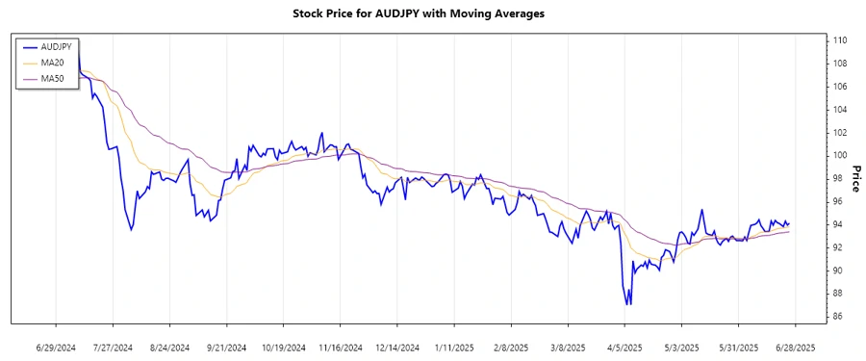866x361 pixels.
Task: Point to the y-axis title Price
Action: pyautogui.click(x=853, y=178)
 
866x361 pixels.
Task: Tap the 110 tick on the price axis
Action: pyautogui.click(x=840, y=40)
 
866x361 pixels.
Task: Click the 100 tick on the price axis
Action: pyautogui.click(x=840, y=155)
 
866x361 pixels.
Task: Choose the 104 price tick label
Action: pyautogui.click(x=840, y=110)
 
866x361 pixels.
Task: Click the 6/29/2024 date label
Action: pyautogui.click(x=56, y=347)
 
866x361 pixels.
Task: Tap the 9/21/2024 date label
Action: pyautogui.click(x=226, y=347)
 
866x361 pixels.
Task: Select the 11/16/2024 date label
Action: pyautogui.click(x=340, y=347)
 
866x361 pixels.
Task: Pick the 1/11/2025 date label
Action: pyautogui.click(x=453, y=347)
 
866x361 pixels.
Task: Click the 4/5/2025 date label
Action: pyautogui.click(x=624, y=347)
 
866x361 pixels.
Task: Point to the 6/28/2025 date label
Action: pyautogui.click(x=794, y=347)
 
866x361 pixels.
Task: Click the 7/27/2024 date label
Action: pyautogui.click(x=113, y=347)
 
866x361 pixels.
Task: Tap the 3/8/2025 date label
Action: pyautogui.click(x=567, y=347)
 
